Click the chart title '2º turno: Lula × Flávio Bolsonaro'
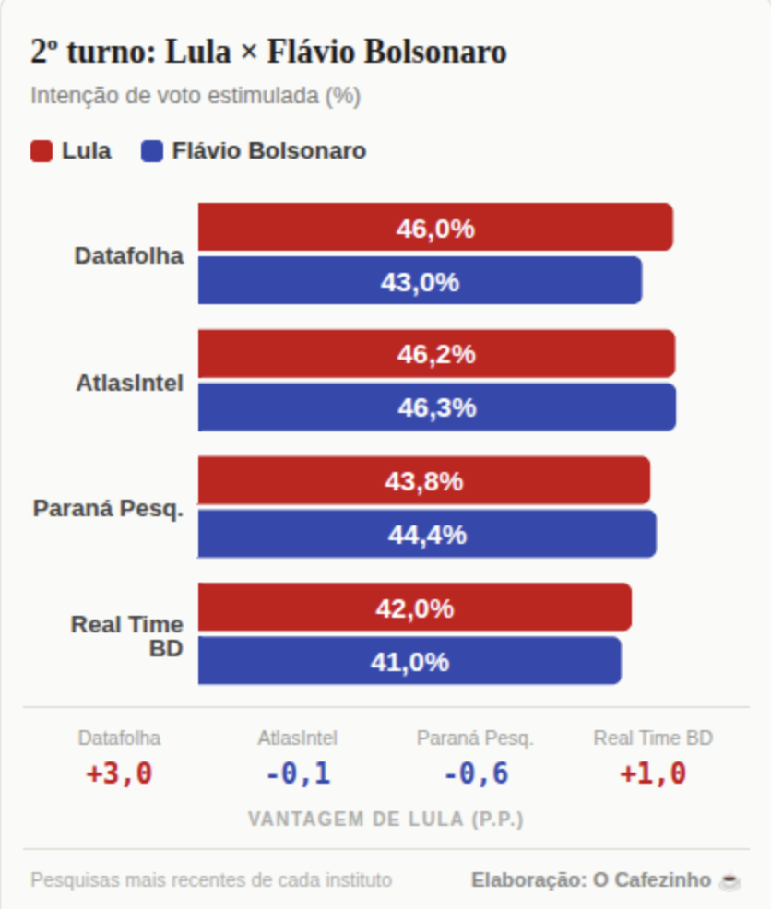tap(268, 53)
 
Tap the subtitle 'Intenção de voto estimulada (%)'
tap(196, 96)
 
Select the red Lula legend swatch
tap(42, 151)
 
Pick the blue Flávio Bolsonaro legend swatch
tap(153, 151)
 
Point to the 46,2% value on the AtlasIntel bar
tap(436, 354)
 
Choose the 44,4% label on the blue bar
tap(427, 535)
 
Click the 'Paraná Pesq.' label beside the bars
tap(108, 508)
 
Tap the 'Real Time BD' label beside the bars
tap(127, 636)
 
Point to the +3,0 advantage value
tap(119, 774)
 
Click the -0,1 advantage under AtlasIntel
tap(297, 774)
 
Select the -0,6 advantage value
tap(475, 774)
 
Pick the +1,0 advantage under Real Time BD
tap(653, 774)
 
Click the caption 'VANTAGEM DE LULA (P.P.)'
tap(385, 820)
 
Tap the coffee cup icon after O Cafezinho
tap(729, 881)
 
